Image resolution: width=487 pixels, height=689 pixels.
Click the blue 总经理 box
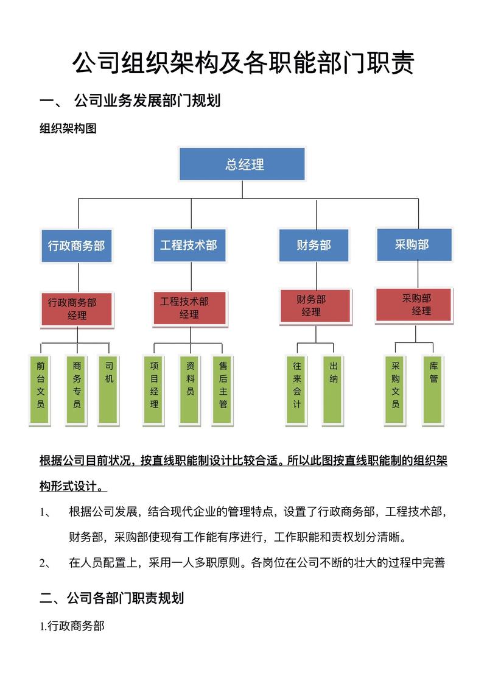coord(242,164)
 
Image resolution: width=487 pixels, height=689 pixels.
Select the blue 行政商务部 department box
coord(76,246)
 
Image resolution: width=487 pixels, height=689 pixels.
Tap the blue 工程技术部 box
coord(188,245)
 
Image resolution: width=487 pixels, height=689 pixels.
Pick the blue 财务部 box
coord(314,245)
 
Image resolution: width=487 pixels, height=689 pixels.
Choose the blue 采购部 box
coord(414,244)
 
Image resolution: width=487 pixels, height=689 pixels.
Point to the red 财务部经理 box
coord(315,306)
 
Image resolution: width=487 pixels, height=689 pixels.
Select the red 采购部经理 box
coord(414,305)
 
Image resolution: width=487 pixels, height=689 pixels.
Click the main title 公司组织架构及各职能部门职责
coord(243,63)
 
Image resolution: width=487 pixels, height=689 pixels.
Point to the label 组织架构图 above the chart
coord(68,129)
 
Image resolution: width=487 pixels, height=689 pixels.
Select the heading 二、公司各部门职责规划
coord(111,598)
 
